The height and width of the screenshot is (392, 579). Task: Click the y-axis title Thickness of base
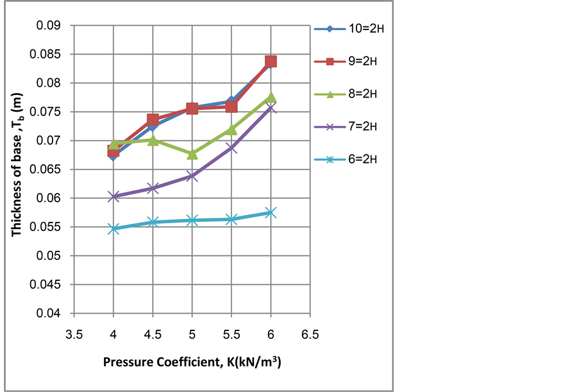click(18, 170)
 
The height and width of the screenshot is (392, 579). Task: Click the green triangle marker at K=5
click(192, 154)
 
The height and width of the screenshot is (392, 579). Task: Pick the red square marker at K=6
click(271, 62)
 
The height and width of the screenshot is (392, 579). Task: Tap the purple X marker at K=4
click(113, 196)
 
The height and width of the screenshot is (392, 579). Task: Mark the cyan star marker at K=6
click(271, 212)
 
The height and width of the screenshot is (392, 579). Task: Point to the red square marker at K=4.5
click(153, 120)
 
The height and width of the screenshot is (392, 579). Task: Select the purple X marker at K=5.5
click(231, 148)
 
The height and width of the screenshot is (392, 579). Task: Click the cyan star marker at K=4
click(113, 228)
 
